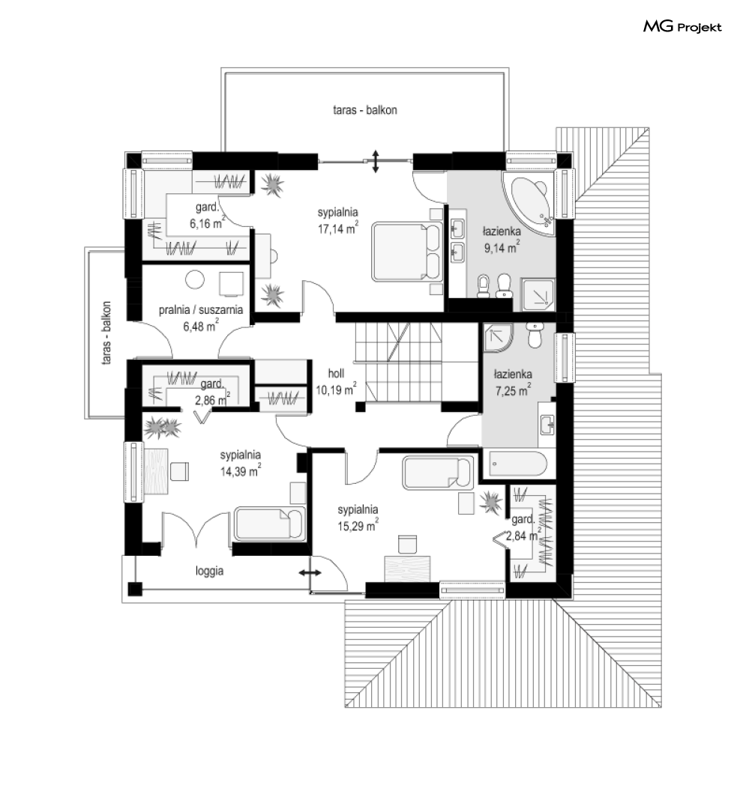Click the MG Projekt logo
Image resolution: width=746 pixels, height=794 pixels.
(x=682, y=26)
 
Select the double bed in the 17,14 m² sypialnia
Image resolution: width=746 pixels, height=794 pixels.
(x=406, y=252)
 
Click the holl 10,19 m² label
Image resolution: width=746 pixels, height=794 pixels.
(x=336, y=382)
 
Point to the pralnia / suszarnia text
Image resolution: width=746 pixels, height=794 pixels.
(x=201, y=310)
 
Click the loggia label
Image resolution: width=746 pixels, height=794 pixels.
(x=209, y=572)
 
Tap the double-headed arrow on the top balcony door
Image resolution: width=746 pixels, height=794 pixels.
(x=375, y=161)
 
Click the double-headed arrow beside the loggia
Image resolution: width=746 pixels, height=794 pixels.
(x=310, y=573)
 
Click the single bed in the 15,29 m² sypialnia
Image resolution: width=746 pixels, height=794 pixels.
(x=438, y=473)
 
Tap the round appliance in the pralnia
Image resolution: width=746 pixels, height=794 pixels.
(x=195, y=279)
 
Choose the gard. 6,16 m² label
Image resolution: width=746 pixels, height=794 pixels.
(x=207, y=215)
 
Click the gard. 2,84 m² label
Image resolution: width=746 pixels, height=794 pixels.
(x=525, y=527)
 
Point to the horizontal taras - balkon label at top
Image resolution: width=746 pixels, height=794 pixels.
(x=365, y=110)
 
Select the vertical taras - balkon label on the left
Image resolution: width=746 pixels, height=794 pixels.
(x=106, y=333)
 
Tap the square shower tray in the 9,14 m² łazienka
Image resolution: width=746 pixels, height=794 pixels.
(x=538, y=294)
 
